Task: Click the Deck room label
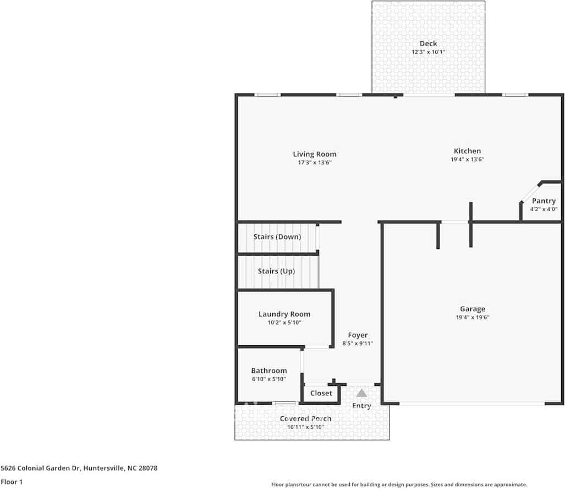coord(428,43)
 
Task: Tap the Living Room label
coord(315,154)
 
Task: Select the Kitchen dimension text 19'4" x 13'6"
coord(468,159)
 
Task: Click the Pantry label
coord(544,201)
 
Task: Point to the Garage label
coord(473,309)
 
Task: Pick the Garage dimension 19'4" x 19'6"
coord(473,317)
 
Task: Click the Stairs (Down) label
coord(277,237)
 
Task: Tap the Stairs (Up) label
coord(276,271)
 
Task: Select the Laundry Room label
coord(284,314)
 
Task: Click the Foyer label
coord(358,335)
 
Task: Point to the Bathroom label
coord(269,371)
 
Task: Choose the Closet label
coord(321,393)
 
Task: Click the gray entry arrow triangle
coord(361,393)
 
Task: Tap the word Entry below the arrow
coord(361,406)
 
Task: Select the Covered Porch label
coord(305,418)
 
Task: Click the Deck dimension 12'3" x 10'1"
coord(429,52)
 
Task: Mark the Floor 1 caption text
coord(12,482)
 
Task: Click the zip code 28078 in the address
coord(148,468)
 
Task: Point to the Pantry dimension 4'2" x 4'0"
coord(544,209)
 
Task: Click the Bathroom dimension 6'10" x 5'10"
coord(269,379)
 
